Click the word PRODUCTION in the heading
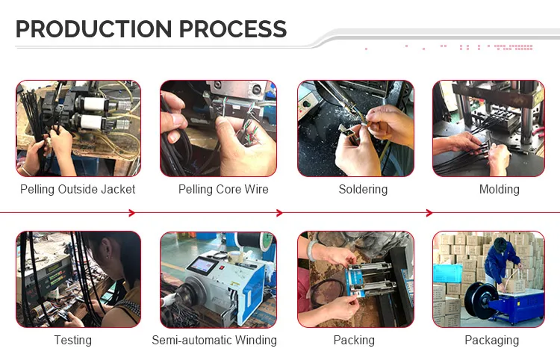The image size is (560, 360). pos(94,29)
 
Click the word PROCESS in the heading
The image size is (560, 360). pos(232,29)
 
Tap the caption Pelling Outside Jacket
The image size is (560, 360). pos(78,189)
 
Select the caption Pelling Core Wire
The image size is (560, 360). pos(223,189)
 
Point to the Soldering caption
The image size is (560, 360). pos(363,189)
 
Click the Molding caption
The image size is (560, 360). pos(500,189)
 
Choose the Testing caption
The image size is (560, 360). pos(73,340)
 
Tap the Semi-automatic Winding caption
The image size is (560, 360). pos(214,340)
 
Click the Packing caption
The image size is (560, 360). pos(354,340)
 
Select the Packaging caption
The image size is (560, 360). pos(492,340)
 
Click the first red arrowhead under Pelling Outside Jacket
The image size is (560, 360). pos(131,213)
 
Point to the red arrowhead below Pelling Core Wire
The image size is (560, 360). pos(279,213)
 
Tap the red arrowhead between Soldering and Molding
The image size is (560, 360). pos(429,213)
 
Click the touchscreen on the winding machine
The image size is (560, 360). pos(202,266)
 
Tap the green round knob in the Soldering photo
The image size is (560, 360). pos(306,104)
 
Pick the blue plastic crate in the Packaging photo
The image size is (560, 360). pos(448,273)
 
